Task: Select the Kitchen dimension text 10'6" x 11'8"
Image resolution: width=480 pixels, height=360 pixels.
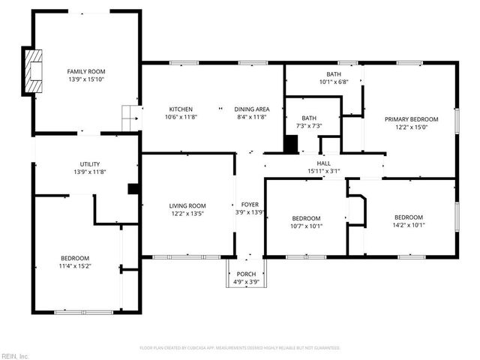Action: click(x=180, y=117)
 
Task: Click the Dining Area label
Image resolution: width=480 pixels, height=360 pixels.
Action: click(x=252, y=109)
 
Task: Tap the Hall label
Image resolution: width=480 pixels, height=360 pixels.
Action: click(x=323, y=163)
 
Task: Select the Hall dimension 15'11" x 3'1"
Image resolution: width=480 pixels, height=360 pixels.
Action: click(x=323, y=171)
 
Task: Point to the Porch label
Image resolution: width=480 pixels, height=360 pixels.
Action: click(x=246, y=274)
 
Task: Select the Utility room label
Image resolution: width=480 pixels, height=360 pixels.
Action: click(x=90, y=164)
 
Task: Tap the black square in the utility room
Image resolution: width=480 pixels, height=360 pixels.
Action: click(x=133, y=189)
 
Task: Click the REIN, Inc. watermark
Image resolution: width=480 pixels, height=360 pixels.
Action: click(x=14, y=355)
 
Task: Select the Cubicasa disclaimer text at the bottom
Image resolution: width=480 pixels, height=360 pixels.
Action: click(x=240, y=348)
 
